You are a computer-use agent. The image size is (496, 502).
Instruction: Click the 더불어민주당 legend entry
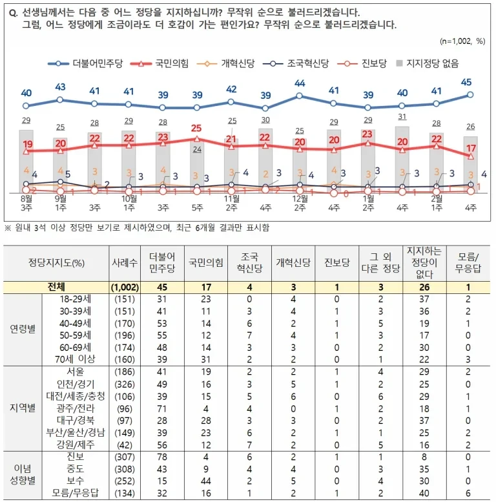click(85, 63)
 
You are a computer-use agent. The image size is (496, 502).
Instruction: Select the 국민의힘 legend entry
click(160, 63)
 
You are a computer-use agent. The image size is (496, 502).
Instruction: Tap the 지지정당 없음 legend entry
click(427, 63)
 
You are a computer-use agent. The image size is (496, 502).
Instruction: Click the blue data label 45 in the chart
click(466, 82)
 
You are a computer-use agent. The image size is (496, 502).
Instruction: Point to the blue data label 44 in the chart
click(300, 83)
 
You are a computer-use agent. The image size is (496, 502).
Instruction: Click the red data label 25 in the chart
click(196, 128)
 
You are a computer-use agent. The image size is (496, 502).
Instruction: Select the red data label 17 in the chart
click(471, 148)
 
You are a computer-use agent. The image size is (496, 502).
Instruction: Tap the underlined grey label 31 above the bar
click(402, 117)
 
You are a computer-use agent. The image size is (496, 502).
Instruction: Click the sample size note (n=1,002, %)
click(462, 41)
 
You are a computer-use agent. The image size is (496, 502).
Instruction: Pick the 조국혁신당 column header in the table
click(249, 262)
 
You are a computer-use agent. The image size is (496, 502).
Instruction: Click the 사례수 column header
click(125, 263)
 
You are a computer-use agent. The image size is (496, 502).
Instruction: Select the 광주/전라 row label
click(76, 408)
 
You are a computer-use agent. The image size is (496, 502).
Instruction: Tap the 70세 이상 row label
click(75, 359)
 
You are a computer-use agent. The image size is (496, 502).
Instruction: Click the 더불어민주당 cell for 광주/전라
click(162, 409)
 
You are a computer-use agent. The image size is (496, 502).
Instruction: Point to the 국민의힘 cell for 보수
click(206, 481)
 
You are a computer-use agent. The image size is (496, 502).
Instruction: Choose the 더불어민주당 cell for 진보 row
click(162, 457)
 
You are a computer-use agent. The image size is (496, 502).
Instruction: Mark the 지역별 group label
click(23, 408)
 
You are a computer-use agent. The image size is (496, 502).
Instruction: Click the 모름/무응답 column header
click(468, 262)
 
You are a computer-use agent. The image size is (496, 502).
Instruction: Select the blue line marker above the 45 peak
click(470, 95)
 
